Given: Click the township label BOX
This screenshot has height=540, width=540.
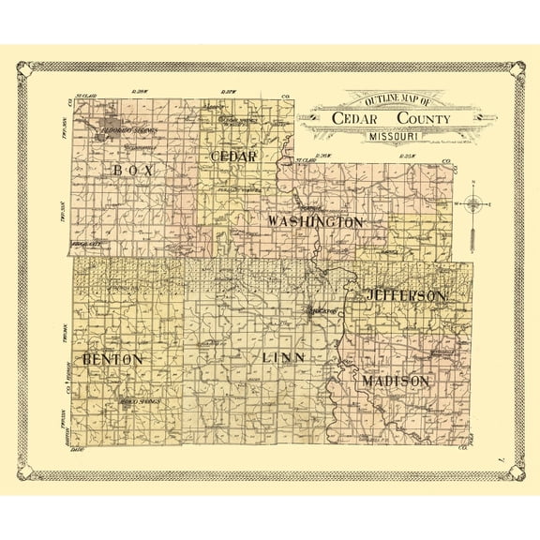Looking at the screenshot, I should click(x=132, y=170).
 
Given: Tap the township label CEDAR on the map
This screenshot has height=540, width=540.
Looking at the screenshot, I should click(x=233, y=157).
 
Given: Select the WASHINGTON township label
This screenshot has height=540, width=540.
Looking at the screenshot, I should click(x=315, y=222).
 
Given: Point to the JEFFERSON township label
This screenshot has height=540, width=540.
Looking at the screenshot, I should click(x=406, y=295).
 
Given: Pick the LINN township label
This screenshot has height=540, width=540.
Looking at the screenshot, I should click(x=283, y=358).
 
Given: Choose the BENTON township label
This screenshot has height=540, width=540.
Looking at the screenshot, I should click(x=112, y=359).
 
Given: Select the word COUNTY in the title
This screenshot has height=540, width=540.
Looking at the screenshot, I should click(x=422, y=119).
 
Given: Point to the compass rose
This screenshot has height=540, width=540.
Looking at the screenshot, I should click(x=475, y=203).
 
